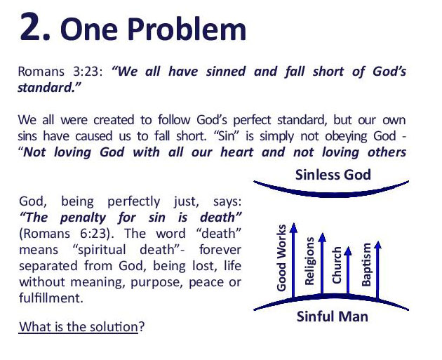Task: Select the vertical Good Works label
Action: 282,258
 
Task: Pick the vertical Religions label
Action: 310,261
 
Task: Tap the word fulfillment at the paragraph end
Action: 49,297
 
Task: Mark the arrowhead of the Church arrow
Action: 349,247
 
